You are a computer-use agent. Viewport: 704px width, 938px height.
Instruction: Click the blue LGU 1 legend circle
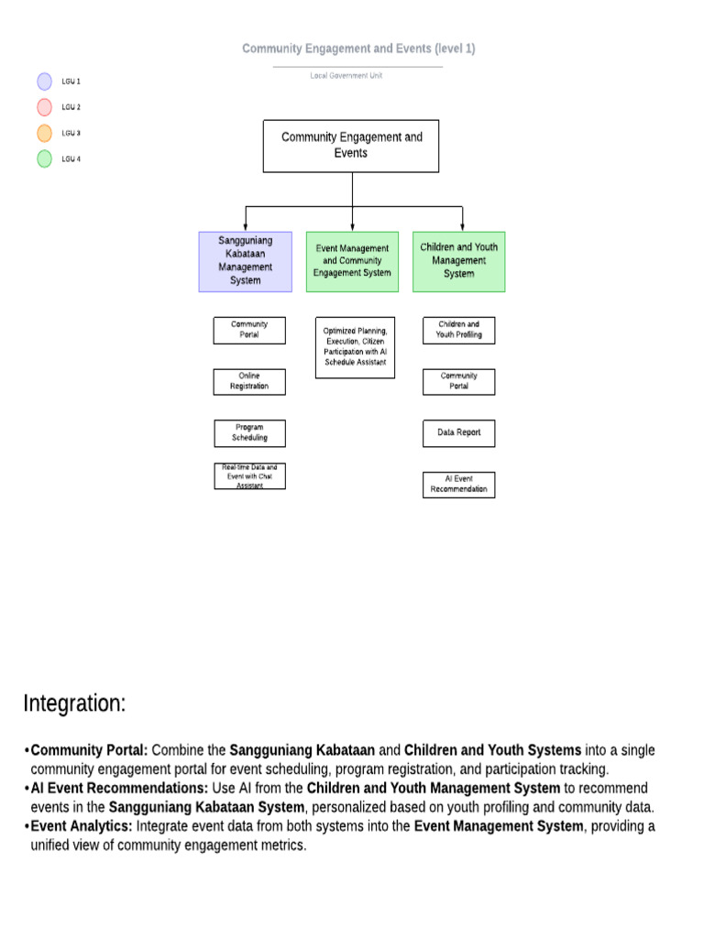pos(44,82)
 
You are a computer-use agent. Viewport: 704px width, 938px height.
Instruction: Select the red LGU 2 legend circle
pos(44,107)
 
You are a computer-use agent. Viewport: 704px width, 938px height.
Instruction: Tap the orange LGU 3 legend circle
pos(44,133)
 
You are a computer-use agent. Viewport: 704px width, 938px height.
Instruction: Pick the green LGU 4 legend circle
pos(44,158)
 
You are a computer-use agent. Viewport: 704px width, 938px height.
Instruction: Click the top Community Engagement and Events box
pos(352,146)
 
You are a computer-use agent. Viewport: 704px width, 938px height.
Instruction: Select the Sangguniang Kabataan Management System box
pos(245,261)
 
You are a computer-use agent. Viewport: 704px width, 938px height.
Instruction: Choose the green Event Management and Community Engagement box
pos(352,261)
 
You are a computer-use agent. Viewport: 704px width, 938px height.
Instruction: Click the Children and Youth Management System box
pos(458,261)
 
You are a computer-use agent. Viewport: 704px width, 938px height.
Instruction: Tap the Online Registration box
pos(249,381)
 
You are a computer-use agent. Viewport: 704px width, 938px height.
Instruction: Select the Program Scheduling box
pos(249,432)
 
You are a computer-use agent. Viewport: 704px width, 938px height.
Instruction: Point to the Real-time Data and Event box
pos(249,476)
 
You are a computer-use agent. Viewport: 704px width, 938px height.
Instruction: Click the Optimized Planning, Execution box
pos(355,347)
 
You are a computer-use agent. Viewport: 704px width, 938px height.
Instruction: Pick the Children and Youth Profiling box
pos(458,330)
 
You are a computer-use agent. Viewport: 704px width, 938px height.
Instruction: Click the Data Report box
pos(458,432)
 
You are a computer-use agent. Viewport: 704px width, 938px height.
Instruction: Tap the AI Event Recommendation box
pos(458,485)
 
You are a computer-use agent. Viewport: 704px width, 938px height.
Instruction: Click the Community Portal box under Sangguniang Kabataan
pos(249,330)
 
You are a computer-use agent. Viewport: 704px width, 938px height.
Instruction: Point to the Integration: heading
pos(74,703)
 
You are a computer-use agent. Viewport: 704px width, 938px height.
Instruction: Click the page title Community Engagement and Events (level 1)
pos(358,49)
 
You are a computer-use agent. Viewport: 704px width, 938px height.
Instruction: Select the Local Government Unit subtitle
pos(346,75)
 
